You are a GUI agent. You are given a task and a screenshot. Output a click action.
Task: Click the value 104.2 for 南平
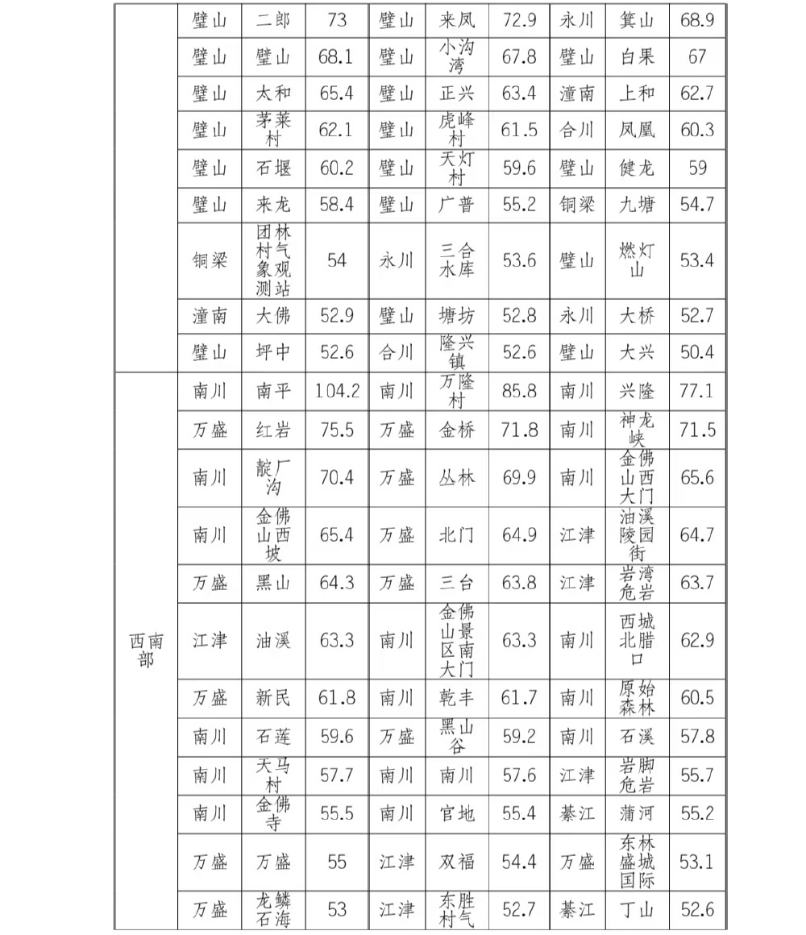tap(337, 392)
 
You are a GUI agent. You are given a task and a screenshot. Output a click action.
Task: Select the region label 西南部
tap(146, 650)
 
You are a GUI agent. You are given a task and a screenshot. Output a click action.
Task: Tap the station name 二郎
tap(273, 20)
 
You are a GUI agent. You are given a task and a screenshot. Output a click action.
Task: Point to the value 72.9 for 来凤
tap(519, 20)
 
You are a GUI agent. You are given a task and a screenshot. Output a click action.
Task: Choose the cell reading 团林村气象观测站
tap(273, 260)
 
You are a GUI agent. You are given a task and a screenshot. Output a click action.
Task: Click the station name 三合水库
tap(457, 260)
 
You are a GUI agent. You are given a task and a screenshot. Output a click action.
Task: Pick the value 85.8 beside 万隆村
tap(519, 392)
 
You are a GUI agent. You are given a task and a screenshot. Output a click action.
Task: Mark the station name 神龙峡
tap(637, 430)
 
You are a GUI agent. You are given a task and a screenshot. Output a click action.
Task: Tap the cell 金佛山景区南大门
tap(457, 641)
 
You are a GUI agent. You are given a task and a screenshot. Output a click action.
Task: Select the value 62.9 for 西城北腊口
tap(697, 641)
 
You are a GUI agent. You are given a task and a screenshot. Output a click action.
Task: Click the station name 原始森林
tap(637, 697)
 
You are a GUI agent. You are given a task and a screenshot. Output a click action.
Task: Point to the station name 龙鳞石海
tap(273, 910)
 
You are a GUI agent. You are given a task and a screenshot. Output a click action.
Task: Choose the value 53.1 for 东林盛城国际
tap(697, 862)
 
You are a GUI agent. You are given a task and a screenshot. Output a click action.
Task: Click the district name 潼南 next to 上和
tap(577, 93)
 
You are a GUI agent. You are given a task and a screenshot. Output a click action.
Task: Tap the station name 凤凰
tap(637, 130)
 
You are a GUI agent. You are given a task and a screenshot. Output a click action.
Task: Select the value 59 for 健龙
tap(697, 168)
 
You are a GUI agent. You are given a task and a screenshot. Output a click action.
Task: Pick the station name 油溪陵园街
tap(637, 534)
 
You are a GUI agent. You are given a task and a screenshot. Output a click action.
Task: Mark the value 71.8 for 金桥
tap(519, 430)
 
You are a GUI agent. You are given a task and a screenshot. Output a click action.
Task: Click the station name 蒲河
tap(637, 814)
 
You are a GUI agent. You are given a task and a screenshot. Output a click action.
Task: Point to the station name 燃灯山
tap(637, 260)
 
